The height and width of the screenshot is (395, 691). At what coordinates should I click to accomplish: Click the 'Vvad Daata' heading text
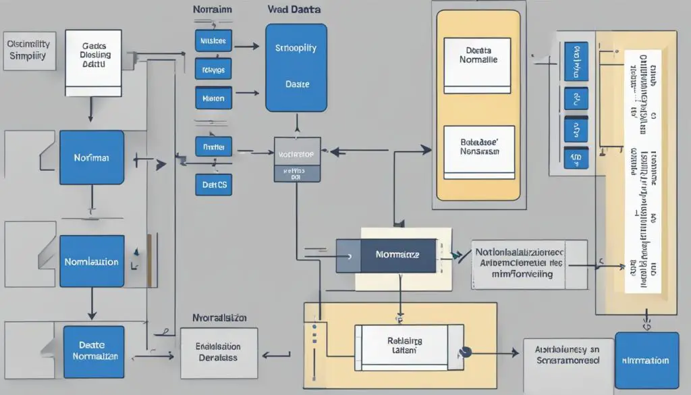(294, 11)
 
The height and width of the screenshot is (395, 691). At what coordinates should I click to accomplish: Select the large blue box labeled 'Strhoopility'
(296, 68)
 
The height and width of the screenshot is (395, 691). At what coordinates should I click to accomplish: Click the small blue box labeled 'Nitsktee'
(215, 41)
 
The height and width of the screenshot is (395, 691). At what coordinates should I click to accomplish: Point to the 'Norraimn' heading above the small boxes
(212, 11)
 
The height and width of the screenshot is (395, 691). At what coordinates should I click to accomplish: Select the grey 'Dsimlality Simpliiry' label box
(28, 50)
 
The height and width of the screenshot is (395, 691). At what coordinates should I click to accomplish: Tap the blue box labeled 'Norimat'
(92, 157)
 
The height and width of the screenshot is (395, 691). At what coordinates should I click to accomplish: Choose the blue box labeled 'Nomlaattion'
(92, 261)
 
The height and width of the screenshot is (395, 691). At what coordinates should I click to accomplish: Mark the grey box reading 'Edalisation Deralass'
(219, 353)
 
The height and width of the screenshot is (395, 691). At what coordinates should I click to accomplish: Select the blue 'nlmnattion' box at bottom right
(646, 361)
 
